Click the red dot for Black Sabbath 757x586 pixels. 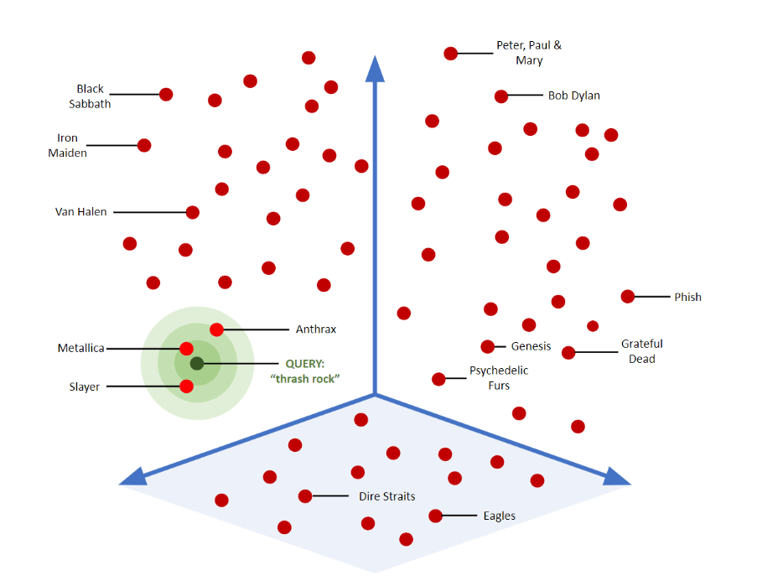point(166,94)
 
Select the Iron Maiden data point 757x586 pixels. point(144,145)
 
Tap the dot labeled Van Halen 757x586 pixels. point(193,212)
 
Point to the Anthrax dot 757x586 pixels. point(216,329)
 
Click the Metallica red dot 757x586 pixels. point(186,348)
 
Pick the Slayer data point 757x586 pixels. point(186,386)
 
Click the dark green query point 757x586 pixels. point(197,363)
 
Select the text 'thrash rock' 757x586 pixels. point(305,379)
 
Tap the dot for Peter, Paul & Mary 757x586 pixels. point(451,54)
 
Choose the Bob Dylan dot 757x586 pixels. point(501,96)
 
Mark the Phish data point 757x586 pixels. point(628,296)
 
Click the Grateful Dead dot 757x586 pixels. point(568,352)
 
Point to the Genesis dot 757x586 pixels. point(488,346)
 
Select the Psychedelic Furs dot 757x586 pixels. point(438,379)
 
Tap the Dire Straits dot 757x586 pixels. point(305,496)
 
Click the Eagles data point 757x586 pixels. point(435,516)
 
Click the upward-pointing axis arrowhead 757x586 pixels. point(375,69)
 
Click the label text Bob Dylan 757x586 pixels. point(574,96)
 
